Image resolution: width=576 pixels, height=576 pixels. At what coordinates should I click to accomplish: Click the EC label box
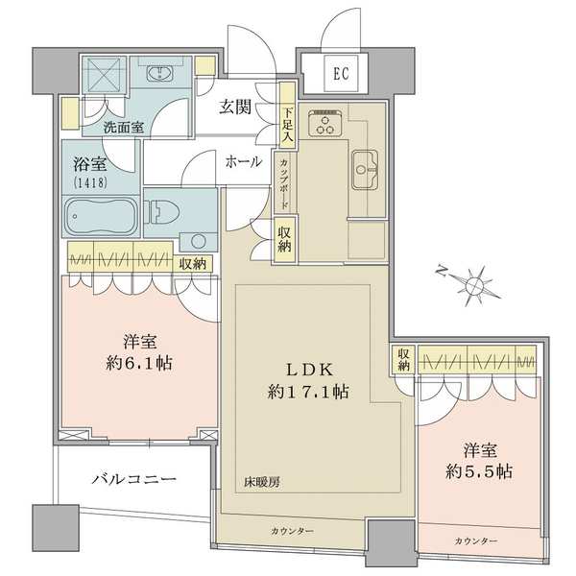coord(341,74)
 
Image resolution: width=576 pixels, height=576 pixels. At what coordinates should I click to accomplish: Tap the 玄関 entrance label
coord(236,108)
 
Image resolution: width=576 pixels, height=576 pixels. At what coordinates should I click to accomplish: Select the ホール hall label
coord(244,161)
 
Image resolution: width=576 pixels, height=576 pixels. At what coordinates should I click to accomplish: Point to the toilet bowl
coord(162,212)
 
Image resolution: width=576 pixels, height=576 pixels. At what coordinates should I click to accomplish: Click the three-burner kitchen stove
coord(325,123)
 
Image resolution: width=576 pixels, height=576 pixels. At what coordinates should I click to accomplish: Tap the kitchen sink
coord(365,170)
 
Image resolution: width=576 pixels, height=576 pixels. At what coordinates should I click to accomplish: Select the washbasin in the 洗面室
coord(160,73)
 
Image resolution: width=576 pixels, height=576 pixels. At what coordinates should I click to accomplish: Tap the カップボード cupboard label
coord(283,184)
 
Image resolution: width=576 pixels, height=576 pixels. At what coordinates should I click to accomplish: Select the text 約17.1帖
coord(308,392)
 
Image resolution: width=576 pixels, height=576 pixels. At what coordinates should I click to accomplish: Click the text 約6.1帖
coord(139,363)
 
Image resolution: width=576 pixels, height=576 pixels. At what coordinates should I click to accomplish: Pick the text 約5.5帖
coord(479,471)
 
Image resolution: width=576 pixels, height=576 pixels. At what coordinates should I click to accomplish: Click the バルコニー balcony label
coord(133,479)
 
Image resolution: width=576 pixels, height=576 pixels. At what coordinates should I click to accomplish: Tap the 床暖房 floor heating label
coord(262,482)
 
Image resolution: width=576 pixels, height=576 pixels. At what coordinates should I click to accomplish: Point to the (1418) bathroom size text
coord(90,182)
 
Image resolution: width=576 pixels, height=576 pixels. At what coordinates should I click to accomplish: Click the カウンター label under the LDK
coord(292,531)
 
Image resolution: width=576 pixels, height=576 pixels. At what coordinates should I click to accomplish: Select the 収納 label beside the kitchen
coord(284,240)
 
